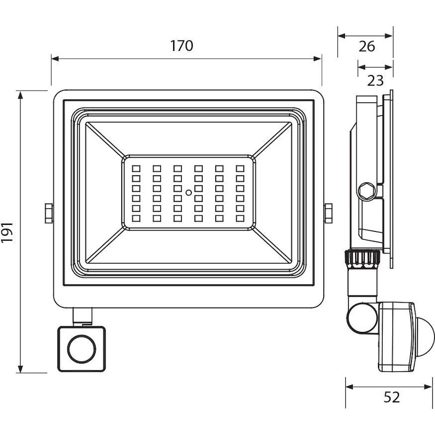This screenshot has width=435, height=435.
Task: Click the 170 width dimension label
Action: (181, 46)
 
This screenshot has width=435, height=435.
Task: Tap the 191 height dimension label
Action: (7, 232)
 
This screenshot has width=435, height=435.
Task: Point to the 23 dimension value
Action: (375, 80)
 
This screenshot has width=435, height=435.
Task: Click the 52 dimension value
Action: (391, 397)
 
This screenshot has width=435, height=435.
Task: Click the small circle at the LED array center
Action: (188, 193)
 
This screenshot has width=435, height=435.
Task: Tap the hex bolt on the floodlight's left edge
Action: (49, 213)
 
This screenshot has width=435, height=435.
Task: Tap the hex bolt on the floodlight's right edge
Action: (328, 213)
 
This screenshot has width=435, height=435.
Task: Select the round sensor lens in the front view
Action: (82, 349)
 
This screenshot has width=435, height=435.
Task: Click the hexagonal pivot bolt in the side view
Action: (367, 191)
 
